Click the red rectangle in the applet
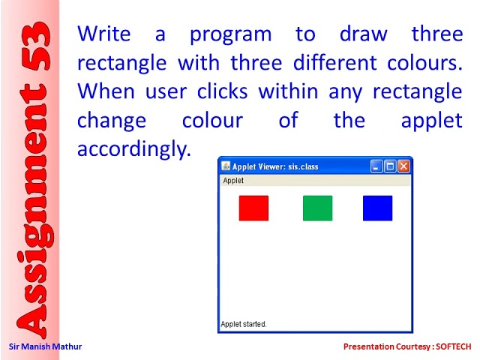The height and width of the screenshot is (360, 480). (x=253, y=208)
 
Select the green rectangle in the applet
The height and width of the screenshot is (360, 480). (x=317, y=208)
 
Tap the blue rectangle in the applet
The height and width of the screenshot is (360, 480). (x=377, y=208)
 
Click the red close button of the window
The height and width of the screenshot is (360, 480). (x=403, y=166)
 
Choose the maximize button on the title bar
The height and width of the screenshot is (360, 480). (x=390, y=166)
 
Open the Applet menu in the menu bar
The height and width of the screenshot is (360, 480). (x=233, y=180)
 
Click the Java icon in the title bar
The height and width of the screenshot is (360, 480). (x=226, y=166)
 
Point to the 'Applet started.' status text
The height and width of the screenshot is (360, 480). (x=244, y=324)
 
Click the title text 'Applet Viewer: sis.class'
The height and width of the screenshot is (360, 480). (x=275, y=166)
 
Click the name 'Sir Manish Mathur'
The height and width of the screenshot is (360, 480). (x=45, y=346)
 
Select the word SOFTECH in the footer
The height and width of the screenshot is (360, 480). (x=453, y=346)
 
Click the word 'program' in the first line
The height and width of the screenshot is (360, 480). (x=231, y=34)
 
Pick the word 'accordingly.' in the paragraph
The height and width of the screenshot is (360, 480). (x=134, y=149)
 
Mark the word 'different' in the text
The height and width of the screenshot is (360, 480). (x=335, y=62)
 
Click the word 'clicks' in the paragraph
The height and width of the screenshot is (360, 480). (x=222, y=91)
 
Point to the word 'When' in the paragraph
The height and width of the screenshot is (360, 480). (x=106, y=91)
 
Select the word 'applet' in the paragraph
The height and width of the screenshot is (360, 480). (x=432, y=121)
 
